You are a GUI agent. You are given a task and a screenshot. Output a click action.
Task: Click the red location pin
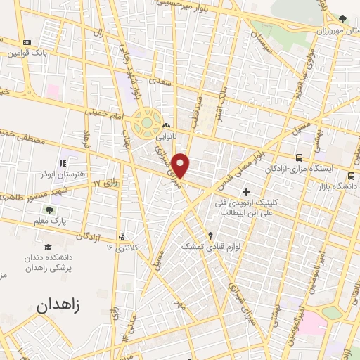click(182, 165)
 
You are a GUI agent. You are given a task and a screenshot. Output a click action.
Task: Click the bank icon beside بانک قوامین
click(27, 42)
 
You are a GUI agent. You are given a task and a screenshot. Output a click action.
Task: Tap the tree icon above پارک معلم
click(49, 210)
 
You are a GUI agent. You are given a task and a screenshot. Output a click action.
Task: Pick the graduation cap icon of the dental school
click(49, 247)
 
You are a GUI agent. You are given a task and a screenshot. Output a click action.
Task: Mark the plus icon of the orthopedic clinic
click(246, 192)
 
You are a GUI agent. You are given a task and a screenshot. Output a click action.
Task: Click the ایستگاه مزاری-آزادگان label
click(297, 169)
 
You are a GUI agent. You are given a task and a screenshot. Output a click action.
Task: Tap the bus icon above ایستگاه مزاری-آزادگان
click(300, 157)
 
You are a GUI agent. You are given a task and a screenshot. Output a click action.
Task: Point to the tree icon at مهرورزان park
click(342, 19)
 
